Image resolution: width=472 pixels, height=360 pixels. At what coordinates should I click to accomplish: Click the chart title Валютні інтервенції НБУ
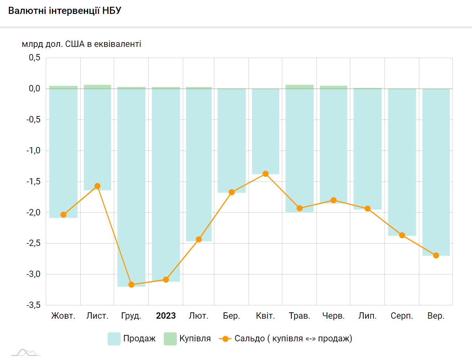point(64,11)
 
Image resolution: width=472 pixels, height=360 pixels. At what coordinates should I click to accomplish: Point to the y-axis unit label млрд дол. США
point(81,44)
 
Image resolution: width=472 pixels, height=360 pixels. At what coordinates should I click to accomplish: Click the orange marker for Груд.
point(131,285)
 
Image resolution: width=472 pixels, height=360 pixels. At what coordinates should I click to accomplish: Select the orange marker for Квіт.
point(266,174)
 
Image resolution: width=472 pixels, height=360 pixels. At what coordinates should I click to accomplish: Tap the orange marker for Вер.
point(436,255)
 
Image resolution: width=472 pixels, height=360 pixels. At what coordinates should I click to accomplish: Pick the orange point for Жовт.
point(64,215)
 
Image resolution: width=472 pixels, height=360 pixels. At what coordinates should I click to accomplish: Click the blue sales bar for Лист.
point(97,139)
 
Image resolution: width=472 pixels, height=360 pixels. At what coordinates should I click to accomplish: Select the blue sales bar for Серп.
point(402,159)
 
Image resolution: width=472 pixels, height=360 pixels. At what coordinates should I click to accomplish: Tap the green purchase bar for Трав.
point(300,87)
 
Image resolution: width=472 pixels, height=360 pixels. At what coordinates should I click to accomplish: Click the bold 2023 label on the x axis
point(166,316)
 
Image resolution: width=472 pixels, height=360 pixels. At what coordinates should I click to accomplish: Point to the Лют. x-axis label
point(198,316)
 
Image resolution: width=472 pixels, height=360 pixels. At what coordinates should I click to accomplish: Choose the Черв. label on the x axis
point(333,316)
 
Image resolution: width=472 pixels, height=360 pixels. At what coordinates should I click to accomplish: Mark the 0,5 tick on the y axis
point(35,58)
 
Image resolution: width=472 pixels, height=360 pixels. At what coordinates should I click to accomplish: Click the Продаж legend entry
point(132,339)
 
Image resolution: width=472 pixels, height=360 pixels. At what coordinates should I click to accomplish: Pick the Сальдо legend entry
point(286,339)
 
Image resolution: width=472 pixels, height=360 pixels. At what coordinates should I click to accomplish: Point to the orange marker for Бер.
point(232,192)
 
